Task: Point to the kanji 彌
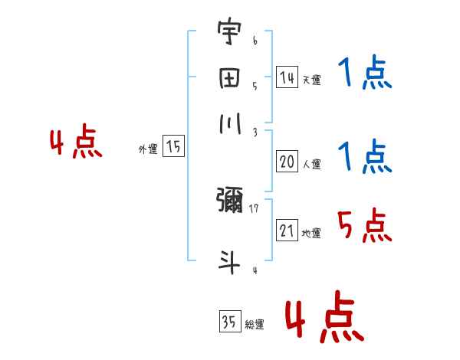(x=229, y=200)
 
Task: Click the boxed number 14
(x=287, y=77)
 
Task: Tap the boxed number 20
(x=287, y=162)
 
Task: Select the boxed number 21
(x=287, y=231)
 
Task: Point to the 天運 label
(x=311, y=80)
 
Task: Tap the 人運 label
(x=311, y=164)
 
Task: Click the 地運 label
(x=311, y=233)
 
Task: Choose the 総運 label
(x=255, y=324)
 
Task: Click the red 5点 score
(x=364, y=226)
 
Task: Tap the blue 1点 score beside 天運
(x=364, y=74)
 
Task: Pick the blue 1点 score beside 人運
(x=364, y=157)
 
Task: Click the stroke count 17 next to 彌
(x=254, y=207)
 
